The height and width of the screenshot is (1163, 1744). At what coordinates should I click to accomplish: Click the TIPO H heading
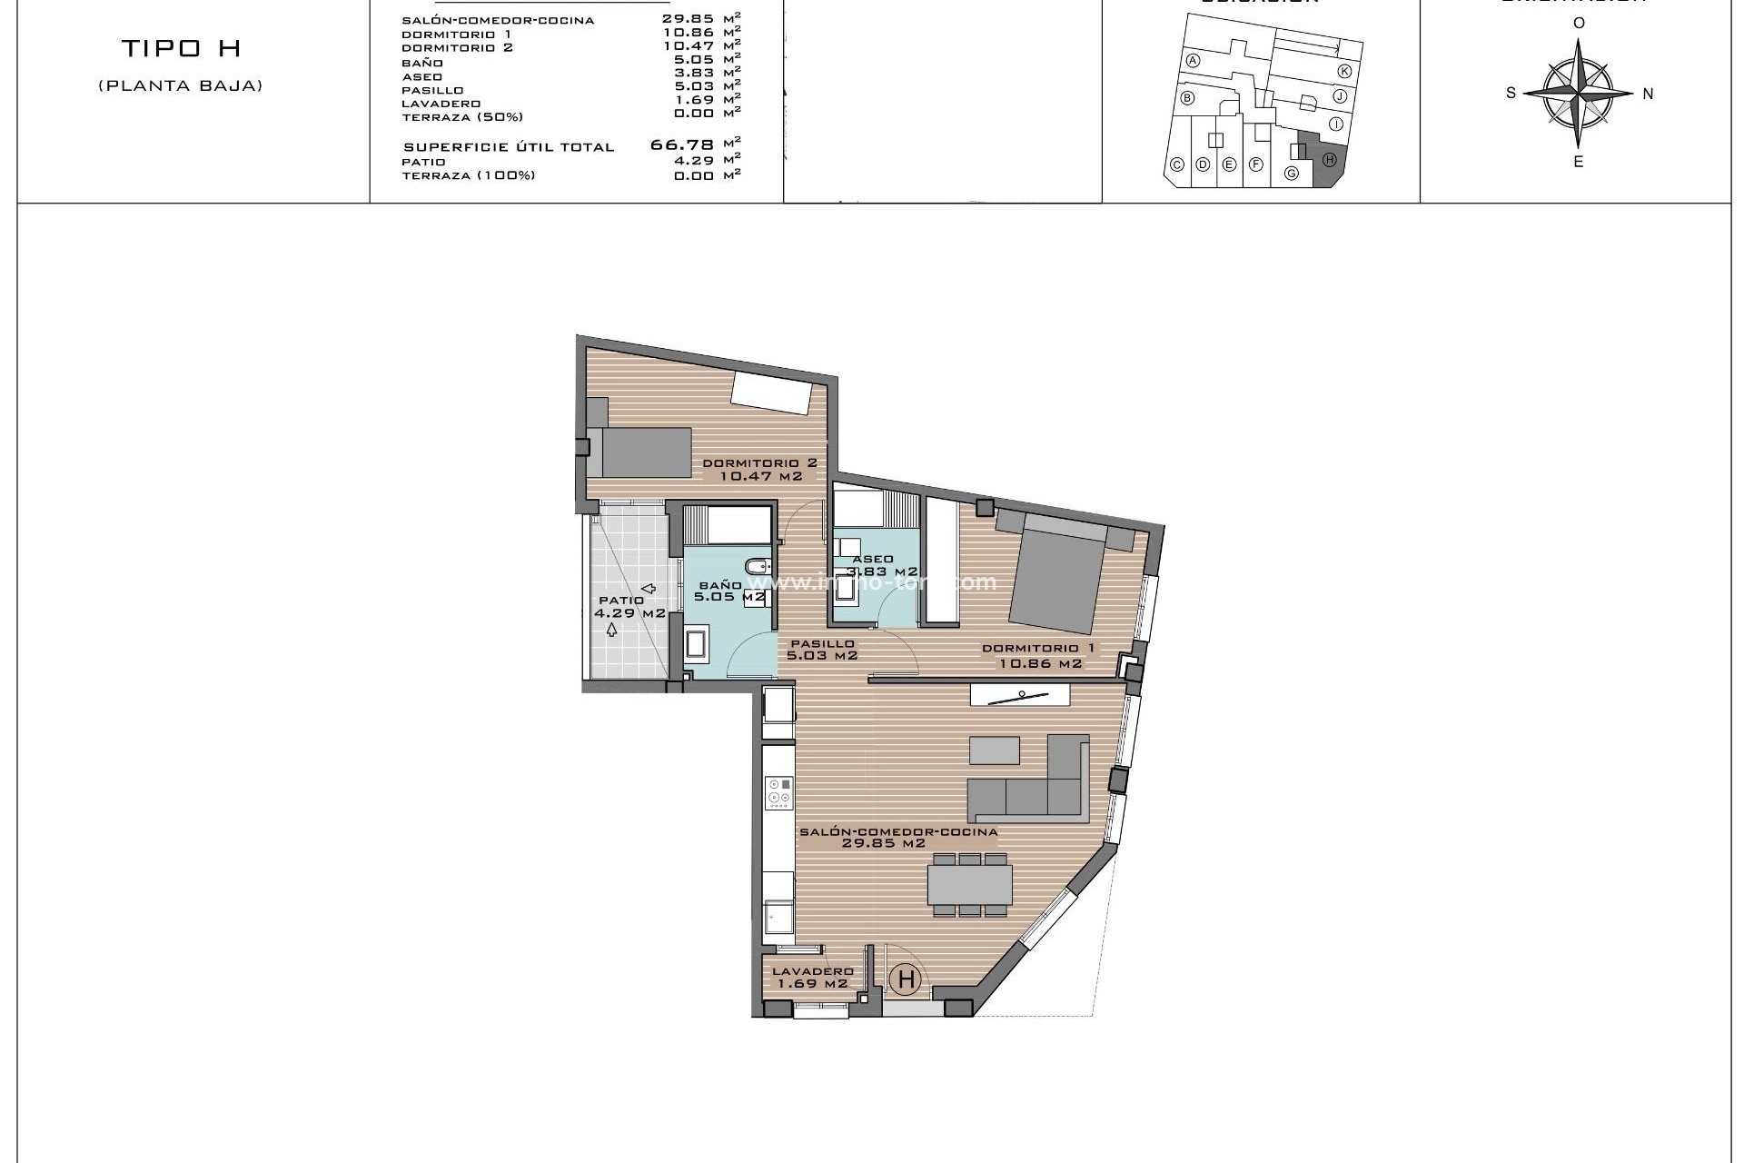(x=181, y=48)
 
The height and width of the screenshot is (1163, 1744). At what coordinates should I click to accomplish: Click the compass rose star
(x=1579, y=93)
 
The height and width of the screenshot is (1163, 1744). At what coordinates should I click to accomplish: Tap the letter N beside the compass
(x=1648, y=94)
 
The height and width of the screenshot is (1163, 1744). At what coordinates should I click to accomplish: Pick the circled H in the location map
(x=1329, y=160)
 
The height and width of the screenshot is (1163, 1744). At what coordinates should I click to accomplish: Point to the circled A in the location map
(x=1194, y=61)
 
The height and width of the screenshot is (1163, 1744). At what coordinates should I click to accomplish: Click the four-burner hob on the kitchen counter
(x=778, y=792)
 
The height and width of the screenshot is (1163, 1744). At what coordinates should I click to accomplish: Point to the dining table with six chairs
(x=969, y=884)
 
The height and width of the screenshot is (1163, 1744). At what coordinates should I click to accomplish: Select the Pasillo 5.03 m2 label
(x=822, y=649)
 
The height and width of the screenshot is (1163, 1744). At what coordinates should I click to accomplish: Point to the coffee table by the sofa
(x=994, y=750)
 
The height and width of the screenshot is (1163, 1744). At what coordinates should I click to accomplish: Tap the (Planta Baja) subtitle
(x=181, y=86)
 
